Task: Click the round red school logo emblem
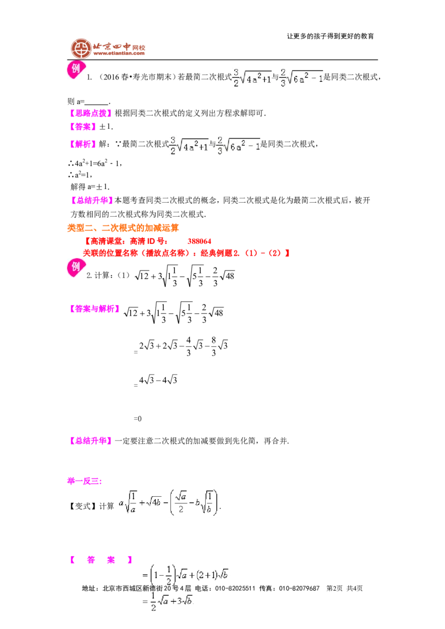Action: pos(81,49)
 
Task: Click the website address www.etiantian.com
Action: pos(119,53)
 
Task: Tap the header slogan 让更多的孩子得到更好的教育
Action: pos(330,36)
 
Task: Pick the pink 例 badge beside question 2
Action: pos(76,268)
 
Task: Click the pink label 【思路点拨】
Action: pos(91,113)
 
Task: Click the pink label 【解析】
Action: pos(83,144)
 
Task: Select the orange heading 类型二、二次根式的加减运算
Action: pos(123,228)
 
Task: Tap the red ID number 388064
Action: pos(199,241)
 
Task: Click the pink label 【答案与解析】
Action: pos(95,309)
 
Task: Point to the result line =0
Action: pos(137,419)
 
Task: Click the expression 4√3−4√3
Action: pos(158,380)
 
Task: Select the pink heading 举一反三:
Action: pos(85,481)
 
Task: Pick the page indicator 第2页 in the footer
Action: pos(334,588)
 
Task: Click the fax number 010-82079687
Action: pos(299,588)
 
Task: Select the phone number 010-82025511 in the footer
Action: pos(235,588)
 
